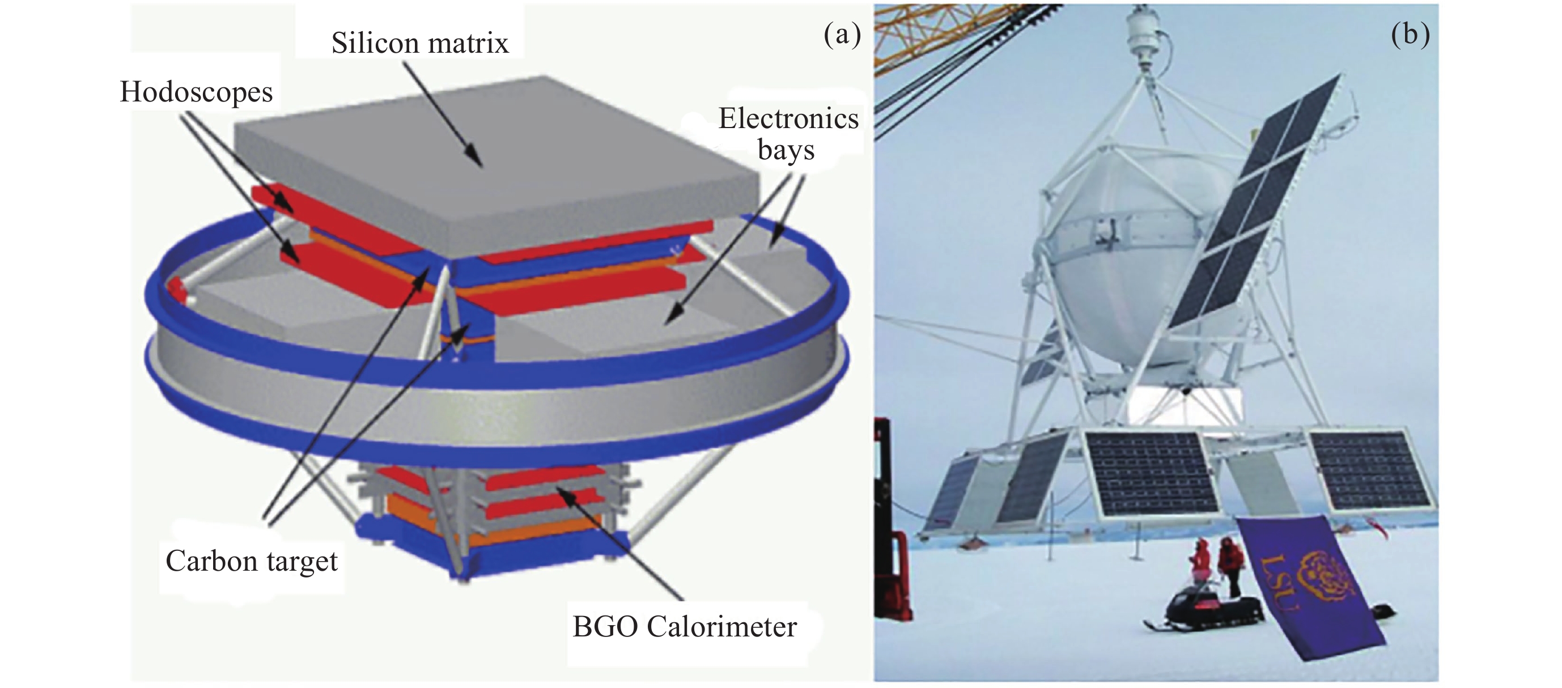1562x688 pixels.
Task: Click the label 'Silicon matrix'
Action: pos(419,43)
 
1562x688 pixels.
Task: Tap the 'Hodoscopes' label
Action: pos(197,93)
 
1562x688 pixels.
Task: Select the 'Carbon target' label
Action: pos(252,561)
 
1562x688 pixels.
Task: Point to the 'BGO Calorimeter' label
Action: pos(685,627)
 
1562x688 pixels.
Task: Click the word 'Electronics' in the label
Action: pos(788,118)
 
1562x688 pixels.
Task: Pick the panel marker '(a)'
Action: pos(842,35)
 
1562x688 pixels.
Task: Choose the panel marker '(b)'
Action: pos(1411,35)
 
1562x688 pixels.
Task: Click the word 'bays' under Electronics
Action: pos(786,150)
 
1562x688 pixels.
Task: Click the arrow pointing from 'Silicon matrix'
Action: pos(443,114)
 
